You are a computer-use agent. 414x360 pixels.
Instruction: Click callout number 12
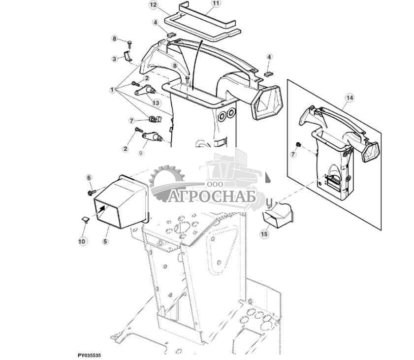[154, 5]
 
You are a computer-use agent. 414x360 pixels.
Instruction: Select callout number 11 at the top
[216, 3]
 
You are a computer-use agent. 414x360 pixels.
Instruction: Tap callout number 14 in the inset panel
[350, 98]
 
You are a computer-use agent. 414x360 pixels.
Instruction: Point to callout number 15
[264, 234]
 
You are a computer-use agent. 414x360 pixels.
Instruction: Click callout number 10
[82, 241]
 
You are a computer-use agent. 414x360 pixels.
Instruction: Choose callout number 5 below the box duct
[106, 241]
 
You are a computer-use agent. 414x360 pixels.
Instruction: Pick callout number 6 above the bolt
[89, 177]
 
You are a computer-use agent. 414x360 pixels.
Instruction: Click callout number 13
[156, 102]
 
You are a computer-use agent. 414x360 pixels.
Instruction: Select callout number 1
[112, 90]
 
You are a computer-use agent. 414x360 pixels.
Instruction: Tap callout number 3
[114, 59]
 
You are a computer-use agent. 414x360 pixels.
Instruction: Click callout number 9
[141, 153]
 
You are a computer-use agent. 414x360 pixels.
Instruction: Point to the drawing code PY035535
[89, 355]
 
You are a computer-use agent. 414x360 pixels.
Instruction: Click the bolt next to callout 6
[92, 193]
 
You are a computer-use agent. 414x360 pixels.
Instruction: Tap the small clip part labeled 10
[85, 219]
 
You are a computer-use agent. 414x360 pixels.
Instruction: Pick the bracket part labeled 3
[128, 56]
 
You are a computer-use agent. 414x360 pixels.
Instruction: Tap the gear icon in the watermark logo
[166, 182]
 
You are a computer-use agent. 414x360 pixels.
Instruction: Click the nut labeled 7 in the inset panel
[298, 145]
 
